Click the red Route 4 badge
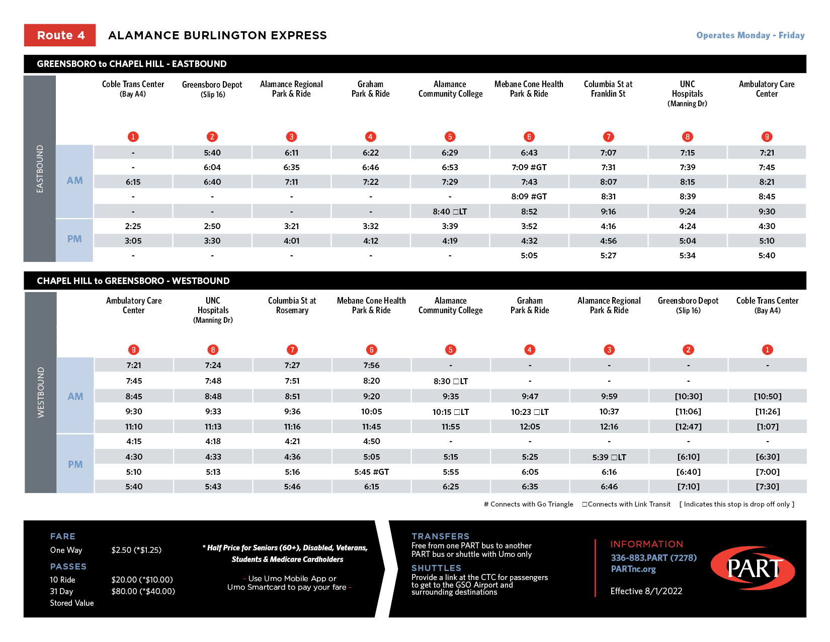pos(60,35)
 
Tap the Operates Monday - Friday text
pos(750,35)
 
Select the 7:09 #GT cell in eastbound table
pos(529,167)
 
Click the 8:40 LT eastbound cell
pos(450,211)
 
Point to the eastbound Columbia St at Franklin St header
pos(608,89)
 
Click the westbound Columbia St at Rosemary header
pos(292,305)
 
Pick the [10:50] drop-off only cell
pos(767,396)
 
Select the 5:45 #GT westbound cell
pos(371,472)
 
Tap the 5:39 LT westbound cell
pos(609,457)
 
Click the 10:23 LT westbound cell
pos(529,412)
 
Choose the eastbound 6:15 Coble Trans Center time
pos(133,182)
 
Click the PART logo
pos(753,568)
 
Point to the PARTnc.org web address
pos(633,569)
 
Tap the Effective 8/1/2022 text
pos(646,591)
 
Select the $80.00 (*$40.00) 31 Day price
pos(143,591)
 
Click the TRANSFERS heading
pos(440,536)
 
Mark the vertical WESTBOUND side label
pos(41,392)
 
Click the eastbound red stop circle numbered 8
pos(687,136)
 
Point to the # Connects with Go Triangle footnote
pos(528,504)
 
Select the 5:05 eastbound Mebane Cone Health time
pos(529,255)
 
